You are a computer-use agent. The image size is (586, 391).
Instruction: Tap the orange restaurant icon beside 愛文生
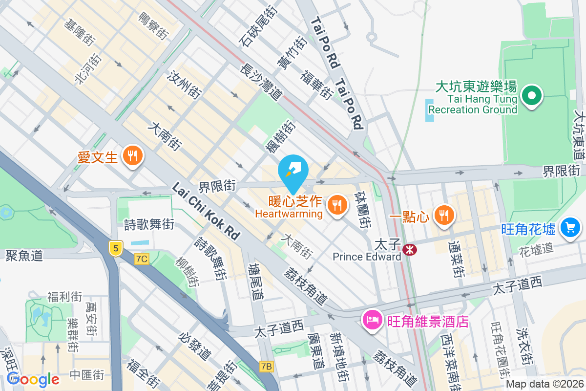132,156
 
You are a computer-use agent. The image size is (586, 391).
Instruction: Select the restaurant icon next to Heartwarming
336,205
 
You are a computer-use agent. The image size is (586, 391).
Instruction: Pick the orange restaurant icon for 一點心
444,216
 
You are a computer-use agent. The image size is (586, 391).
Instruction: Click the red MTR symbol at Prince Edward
410,250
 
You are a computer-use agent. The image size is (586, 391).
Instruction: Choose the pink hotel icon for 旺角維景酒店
372,321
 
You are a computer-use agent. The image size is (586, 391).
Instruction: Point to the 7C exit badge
142,259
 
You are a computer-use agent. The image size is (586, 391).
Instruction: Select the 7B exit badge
266,366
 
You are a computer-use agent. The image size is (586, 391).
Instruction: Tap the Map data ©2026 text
544,384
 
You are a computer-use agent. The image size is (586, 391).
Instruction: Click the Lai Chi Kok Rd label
206,211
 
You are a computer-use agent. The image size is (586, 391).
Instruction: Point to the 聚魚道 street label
24,255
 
